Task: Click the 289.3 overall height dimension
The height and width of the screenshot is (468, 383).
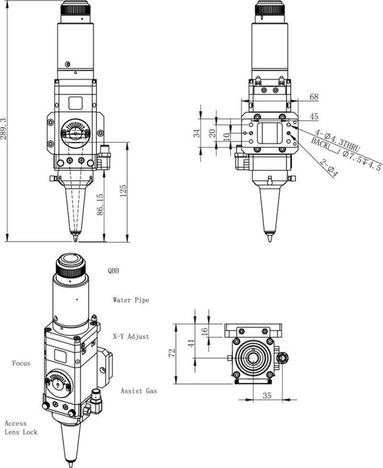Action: click(4, 129)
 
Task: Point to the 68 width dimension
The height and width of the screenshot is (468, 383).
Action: click(314, 97)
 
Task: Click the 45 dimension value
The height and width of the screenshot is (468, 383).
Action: click(314, 116)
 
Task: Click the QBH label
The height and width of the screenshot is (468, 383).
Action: click(113, 271)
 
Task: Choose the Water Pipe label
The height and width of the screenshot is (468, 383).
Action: click(131, 300)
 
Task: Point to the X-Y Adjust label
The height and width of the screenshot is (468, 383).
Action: click(131, 336)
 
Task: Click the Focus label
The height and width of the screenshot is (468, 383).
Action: click(21, 363)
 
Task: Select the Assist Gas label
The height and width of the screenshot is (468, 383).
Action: click(138, 391)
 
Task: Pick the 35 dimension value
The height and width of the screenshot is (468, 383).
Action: click(267, 396)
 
